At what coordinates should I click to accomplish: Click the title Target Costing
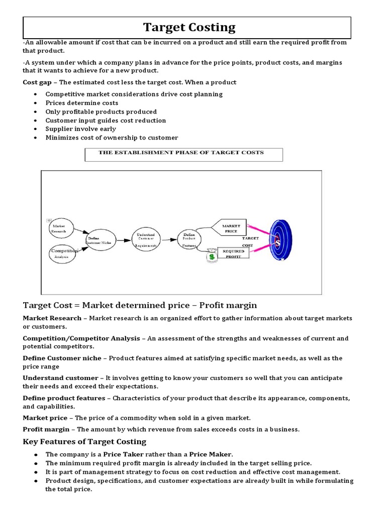pos(189,27)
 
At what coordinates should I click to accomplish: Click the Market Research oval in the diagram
pos(60,229)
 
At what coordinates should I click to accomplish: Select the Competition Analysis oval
pos(63,252)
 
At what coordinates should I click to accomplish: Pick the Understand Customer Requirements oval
pos(146,239)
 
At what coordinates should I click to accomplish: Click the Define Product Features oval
pos(189,239)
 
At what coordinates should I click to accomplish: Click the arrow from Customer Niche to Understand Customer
pos(122,240)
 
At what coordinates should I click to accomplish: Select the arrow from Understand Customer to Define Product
pos(169,240)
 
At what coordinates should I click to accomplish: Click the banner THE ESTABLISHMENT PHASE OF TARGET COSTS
pos(183,154)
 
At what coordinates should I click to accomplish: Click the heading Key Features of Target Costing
pos(84,441)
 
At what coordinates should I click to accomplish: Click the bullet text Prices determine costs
pos(77,103)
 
